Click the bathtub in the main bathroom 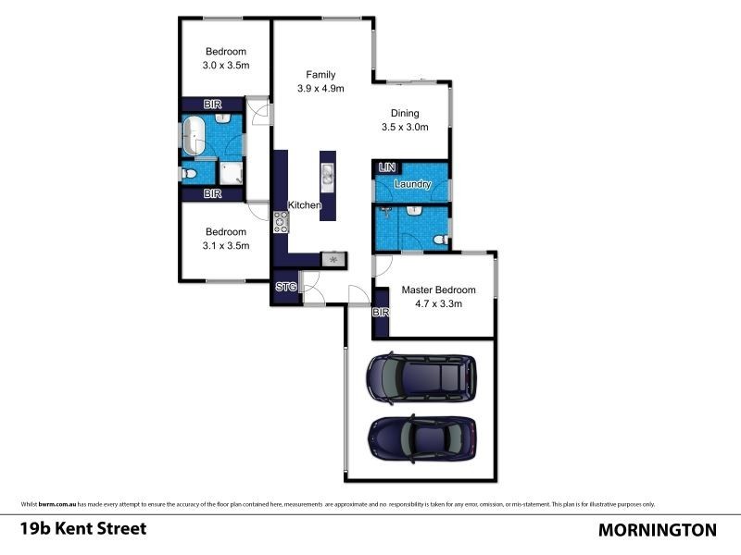[x=195, y=136]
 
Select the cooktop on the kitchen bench [x=281, y=221]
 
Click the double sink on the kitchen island [x=327, y=174]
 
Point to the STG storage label [x=286, y=288]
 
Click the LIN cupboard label [x=386, y=167]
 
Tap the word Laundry [x=412, y=184]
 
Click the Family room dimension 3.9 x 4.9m [x=321, y=89]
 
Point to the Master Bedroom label [x=438, y=290]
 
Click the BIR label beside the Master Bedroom [x=380, y=314]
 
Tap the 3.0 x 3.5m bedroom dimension [x=227, y=66]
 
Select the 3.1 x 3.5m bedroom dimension [x=226, y=246]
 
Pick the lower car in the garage [x=422, y=438]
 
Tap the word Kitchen [x=305, y=204]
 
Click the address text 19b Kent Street [x=83, y=529]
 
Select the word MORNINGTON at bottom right [x=658, y=530]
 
